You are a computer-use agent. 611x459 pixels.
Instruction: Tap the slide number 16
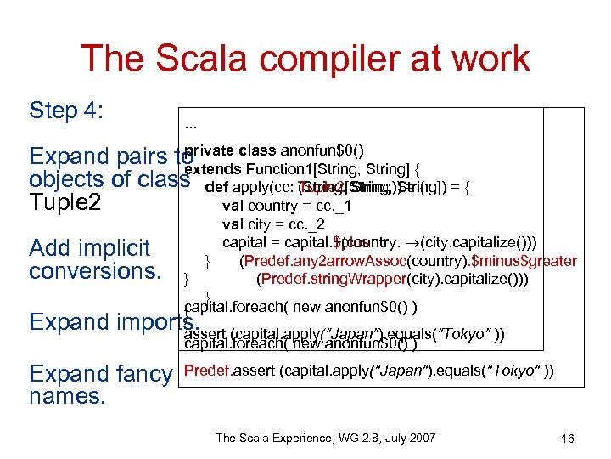(568, 439)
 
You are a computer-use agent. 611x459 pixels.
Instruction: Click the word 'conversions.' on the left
(90, 271)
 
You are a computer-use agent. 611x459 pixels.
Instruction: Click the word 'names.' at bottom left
(64, 396)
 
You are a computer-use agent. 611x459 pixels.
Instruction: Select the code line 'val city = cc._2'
(274, 224)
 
